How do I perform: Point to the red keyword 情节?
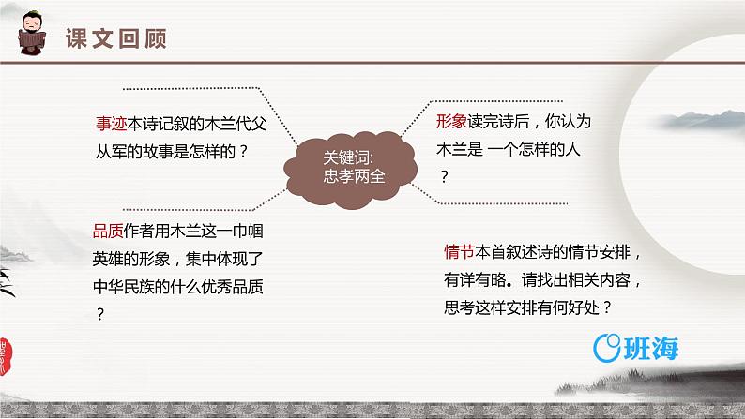[460, 251]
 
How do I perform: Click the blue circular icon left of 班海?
[608, 348]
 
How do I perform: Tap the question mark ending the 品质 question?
[99, 314]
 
